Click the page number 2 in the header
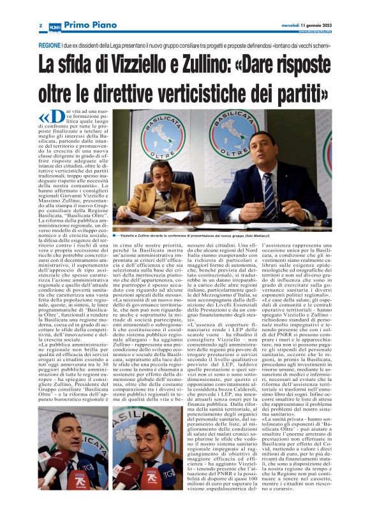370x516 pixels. point(40,25)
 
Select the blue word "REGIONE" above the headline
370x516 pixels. point(49,47)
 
